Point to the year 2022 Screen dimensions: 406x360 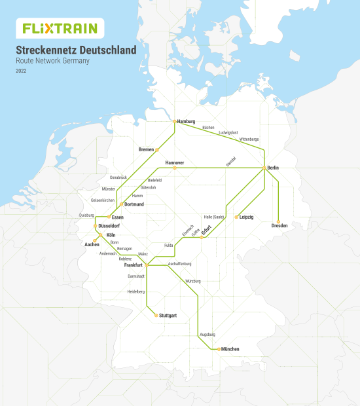(x=22, y=71)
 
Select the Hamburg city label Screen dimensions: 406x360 (x=187, y=122)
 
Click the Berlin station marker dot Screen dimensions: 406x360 (x=264, y=168)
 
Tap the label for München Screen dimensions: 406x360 (x=232, y=349)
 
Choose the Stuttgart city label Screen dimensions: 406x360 (x=168, y=316)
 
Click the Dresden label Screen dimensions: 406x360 (x=279, y=226)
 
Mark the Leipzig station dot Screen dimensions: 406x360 (x=236, y=217)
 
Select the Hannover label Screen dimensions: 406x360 (x=175, y=162)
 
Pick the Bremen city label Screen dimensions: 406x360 (x=146, y=149)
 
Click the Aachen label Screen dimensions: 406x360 (x=92, y=244)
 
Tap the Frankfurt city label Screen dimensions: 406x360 (x=134, y=265)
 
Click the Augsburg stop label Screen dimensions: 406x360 (x=207, y=335)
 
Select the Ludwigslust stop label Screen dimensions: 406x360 (x=228, y=132)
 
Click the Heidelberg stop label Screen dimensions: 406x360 (x=135, y=291)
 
